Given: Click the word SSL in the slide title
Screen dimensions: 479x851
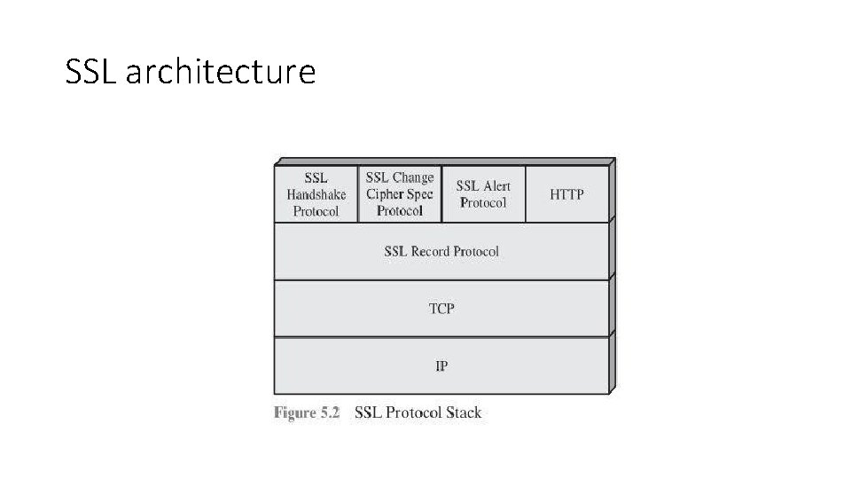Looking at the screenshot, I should tap(92, 72).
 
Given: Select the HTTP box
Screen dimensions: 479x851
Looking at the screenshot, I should tap(567, 193).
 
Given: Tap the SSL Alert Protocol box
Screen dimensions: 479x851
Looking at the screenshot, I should tap(483, 193).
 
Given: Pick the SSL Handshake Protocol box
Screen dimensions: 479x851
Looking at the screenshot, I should tap(316, 193).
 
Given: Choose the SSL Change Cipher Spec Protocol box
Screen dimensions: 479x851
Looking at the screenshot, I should tap(400, 193).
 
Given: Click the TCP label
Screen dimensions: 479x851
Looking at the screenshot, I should tap(441, 309).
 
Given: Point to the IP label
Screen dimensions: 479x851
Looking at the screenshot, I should tap(441, 365).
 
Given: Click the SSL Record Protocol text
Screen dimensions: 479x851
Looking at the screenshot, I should tap(441, 251).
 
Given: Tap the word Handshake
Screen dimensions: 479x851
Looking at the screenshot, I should tap(316, 194).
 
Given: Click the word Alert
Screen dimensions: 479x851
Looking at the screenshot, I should tap(496, 185).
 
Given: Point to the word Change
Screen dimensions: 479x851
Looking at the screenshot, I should tap(413, 177).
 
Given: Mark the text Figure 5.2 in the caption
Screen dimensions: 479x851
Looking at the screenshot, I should tap(307, 412).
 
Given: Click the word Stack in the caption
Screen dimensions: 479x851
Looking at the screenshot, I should tap(464, 412).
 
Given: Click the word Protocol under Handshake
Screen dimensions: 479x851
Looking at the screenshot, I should tap(316, 211).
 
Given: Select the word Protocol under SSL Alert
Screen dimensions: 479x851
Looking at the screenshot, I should tap(483, 202).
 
